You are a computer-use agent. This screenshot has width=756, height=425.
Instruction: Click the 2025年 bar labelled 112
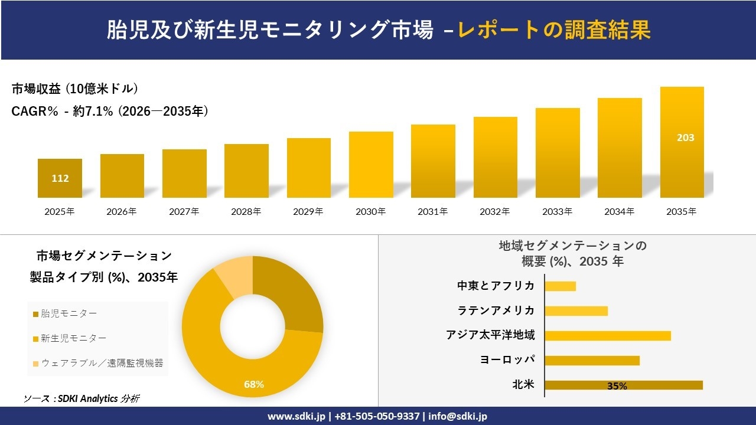(x=60, y=178)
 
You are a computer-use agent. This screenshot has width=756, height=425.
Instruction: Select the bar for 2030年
(x=371, y=165)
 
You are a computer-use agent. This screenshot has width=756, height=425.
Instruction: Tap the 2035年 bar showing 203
(x=682, y=142)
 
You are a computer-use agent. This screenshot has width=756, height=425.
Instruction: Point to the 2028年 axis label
(x=246, y=211)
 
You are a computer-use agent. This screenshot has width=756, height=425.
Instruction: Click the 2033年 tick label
(x=558, y=211)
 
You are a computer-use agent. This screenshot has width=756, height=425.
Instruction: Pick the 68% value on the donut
(x=254, y=385)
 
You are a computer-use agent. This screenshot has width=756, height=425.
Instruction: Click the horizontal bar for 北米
(x=623, y=385)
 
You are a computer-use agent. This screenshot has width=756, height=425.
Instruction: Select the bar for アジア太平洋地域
(x=607, y=336)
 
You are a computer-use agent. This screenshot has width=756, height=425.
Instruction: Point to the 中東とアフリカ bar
(x=560, y=286)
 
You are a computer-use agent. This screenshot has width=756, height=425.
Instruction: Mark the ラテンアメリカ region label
(x=496, y=310)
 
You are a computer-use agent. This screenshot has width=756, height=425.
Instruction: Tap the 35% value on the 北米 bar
(x=617, y=386)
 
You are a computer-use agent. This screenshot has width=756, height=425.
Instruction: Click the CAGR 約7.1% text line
(x=110, y=111)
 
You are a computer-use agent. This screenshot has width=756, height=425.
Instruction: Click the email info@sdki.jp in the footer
(x=458, y=416)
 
